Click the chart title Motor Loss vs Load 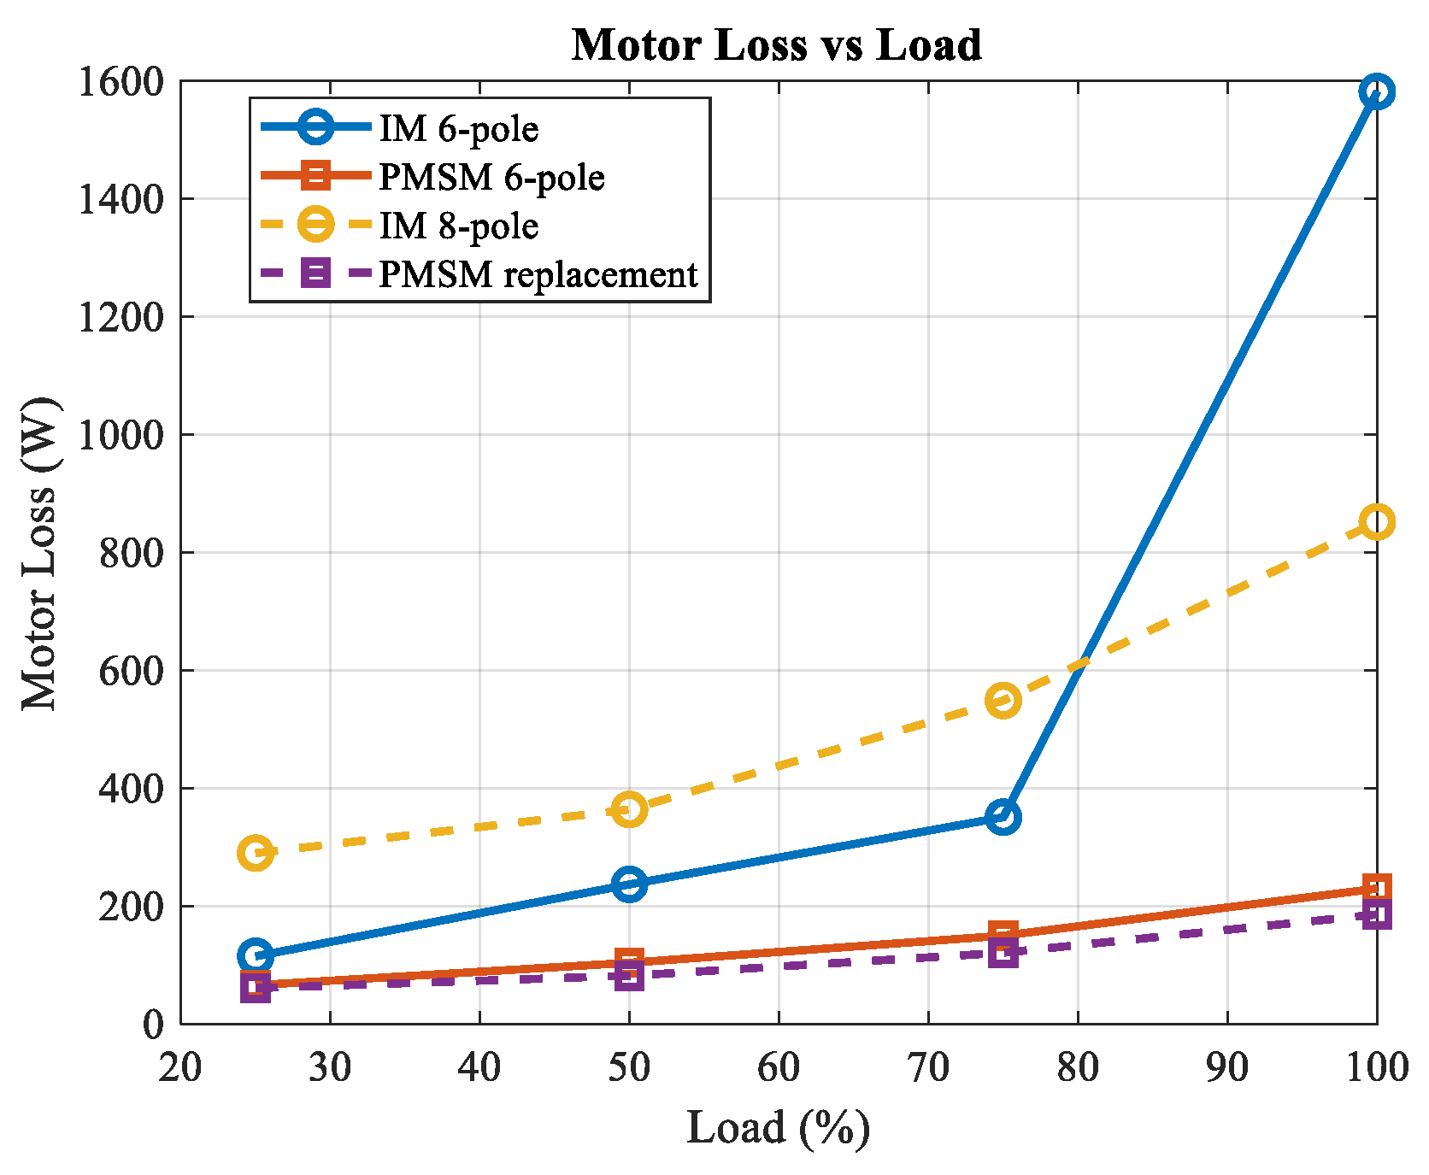tap(777, 44)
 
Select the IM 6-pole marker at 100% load tap(1377, 91)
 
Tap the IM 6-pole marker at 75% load tap(1003, 817)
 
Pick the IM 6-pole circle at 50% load tap(629, 884)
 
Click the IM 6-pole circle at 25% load tap(256, 955)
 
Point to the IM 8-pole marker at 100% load tap(1377, 521)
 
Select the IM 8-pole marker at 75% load tap(1003, 700)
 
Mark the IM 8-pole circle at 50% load tap(629, 808)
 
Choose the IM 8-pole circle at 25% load tap(256, 852)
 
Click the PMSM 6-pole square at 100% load tap(1377, 888)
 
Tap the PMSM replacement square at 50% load tap(629, 975)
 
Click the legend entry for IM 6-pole tap(459, 129)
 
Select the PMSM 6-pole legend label tap(492, 178)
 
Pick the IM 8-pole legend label tap(459, 226)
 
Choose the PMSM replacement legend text tap(538, 275)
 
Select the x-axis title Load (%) tap(779, 1128)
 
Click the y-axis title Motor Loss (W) tap(40, 552)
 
